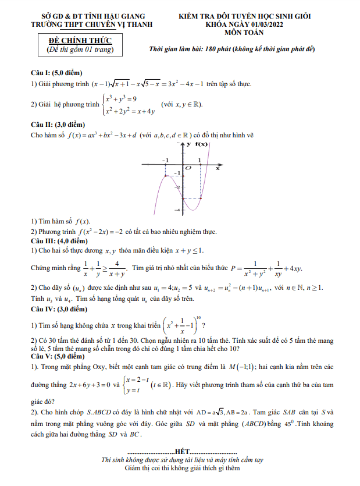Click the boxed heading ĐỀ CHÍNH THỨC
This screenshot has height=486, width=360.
[80, 40]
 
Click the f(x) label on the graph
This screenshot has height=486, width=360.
[201, 144]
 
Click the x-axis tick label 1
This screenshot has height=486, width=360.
[200, 159]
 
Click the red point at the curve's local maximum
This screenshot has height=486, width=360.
[166, 175]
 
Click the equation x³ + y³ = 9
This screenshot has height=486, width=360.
[121, 98]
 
